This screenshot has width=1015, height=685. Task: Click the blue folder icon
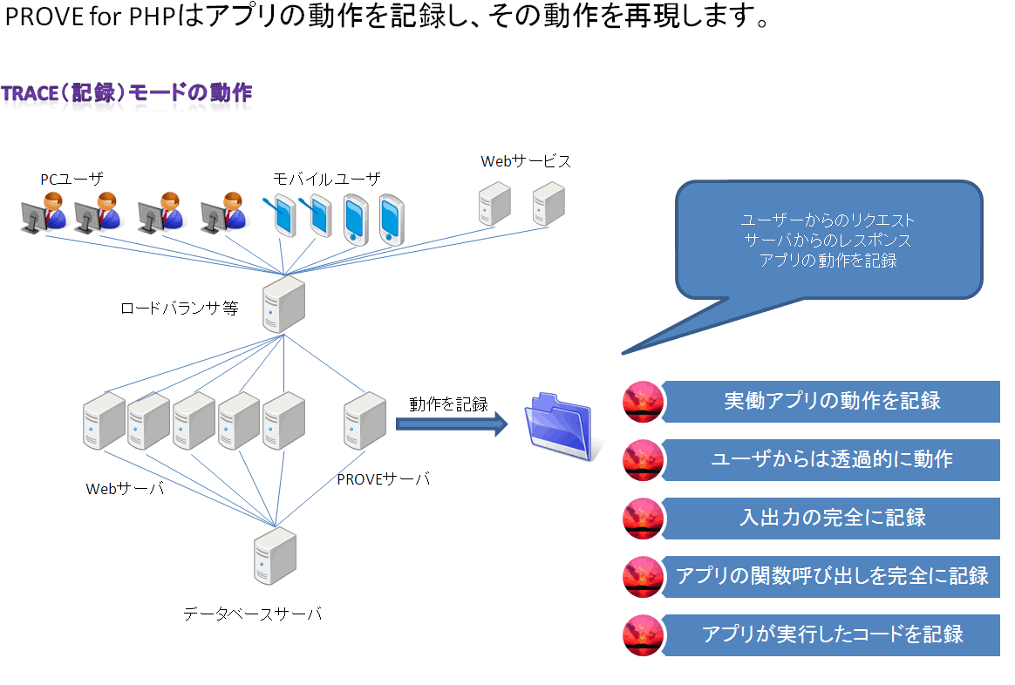(561, 427)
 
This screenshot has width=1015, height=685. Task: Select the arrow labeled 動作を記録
(452, 424)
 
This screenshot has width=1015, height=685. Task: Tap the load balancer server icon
(283, 304)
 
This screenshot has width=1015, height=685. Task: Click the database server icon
(275, 556)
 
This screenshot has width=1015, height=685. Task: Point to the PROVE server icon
(365, 420)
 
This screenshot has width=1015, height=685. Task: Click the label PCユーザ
(72, 180)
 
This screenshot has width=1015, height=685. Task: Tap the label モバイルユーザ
(327, 179)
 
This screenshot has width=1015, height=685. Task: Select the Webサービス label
(526, 161)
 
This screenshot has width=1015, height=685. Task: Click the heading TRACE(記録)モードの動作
(126, 93)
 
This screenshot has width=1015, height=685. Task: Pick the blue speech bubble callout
(828, 241)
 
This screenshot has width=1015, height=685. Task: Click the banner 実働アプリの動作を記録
(831, 402)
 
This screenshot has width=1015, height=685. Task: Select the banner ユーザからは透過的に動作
(831, 460)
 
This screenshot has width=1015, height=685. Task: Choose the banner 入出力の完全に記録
(831, 519)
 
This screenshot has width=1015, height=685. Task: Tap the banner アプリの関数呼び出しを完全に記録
(831, 576)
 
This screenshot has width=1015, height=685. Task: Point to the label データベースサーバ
(253, 614)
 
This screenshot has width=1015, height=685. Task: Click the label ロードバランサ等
(180, 308)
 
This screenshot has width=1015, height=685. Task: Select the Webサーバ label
(125, 489)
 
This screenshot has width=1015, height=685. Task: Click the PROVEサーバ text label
(383, 479)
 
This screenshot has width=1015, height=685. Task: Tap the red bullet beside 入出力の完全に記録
(644, 519)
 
